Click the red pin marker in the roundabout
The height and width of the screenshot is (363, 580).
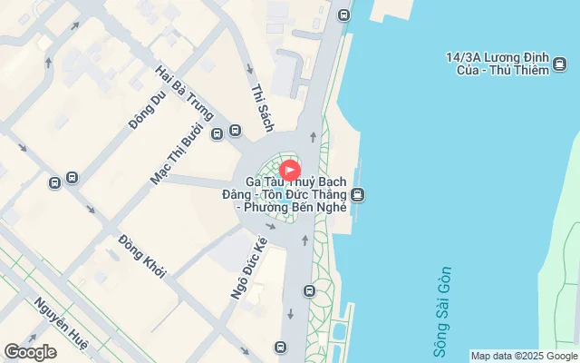pos(290,170)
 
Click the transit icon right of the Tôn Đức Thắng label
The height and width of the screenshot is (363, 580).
pos(359,194)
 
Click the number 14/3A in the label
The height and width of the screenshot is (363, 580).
pos(461,57)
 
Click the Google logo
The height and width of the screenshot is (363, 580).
pos(29,352)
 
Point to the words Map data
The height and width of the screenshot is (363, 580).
pos(491,357)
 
